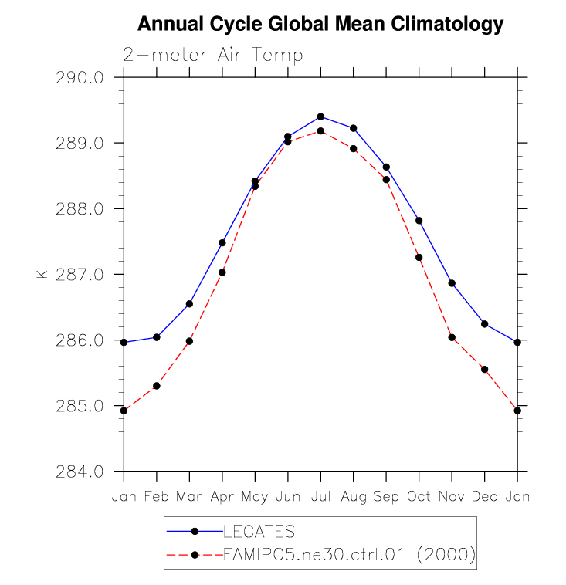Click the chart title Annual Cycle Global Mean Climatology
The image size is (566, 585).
320,25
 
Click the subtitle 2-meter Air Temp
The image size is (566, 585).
213,56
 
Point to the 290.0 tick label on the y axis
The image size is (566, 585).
85,78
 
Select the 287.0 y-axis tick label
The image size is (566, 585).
85,275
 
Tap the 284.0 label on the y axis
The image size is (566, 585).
85,472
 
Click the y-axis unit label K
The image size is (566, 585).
42,274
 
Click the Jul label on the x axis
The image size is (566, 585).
320,496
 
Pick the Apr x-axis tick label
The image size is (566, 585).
222,496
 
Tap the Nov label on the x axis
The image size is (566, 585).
452,496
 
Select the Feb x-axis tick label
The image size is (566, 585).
157,496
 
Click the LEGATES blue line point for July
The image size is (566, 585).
320,117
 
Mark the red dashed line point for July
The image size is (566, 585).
320,131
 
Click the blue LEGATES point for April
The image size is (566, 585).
222,243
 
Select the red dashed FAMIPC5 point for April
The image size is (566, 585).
222,272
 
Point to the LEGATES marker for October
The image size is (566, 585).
419,221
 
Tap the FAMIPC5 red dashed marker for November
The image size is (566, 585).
452,337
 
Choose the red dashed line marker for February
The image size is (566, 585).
157,386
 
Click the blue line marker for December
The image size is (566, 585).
485,324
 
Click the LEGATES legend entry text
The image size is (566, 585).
259,531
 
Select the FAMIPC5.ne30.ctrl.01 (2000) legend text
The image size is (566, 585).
348,554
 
